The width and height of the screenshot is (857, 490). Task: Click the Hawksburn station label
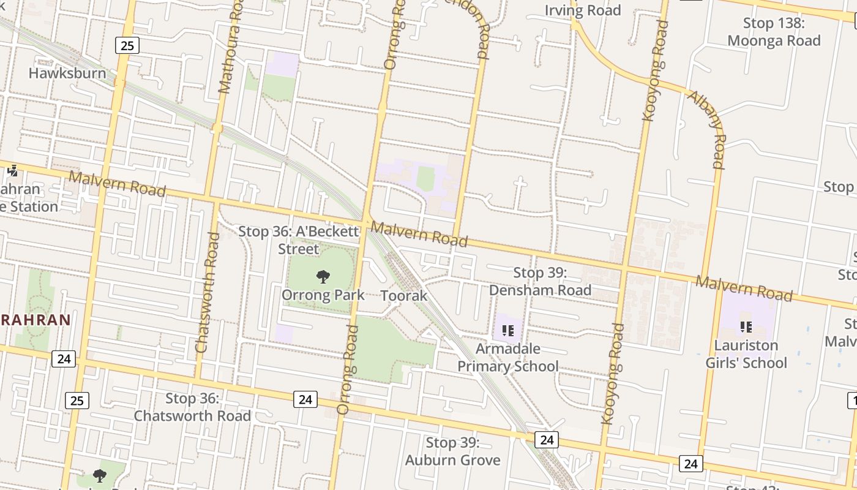pyautogui.click(x=67, y=73)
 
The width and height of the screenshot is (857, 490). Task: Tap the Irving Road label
pyautogui.click(x=583, y=10)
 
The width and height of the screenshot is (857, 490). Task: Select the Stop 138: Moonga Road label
pyautogui.click(x=774, y=32)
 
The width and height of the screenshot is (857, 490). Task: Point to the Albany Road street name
pyautogui.click(x=708, y=129)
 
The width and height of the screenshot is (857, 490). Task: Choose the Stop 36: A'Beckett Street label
pyautogui.click(x=298, y=240)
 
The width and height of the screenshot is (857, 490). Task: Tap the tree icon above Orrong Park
pyautogui.click(x=323, y=277)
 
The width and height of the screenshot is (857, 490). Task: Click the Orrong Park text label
pyautogui.click(x=323, y=295)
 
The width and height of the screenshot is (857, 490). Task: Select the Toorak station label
pyautogui.click(x=404, y=296)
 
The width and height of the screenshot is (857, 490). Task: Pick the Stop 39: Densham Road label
pyautogui.click(x=541, y=281)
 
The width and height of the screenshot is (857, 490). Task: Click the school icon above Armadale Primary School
pyautogui.click(x=507, y=331)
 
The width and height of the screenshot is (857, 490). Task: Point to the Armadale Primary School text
pyautogui.click(x=508, y=358)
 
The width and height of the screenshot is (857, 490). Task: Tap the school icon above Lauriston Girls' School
pyautogui.click(x=746, y=326)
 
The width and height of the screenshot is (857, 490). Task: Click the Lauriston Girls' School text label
pyautogui.click(x=746, y=354)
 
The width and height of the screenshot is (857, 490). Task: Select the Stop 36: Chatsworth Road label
pyautogui.click(x=192, y=407)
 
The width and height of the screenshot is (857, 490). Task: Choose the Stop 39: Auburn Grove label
pyautogui.click(x=453, y=451)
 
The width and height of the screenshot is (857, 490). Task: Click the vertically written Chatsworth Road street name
pyautogui.click(x=206, y=292)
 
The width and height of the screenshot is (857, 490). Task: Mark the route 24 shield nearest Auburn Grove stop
pyautogui.click(x=547, y=440)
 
